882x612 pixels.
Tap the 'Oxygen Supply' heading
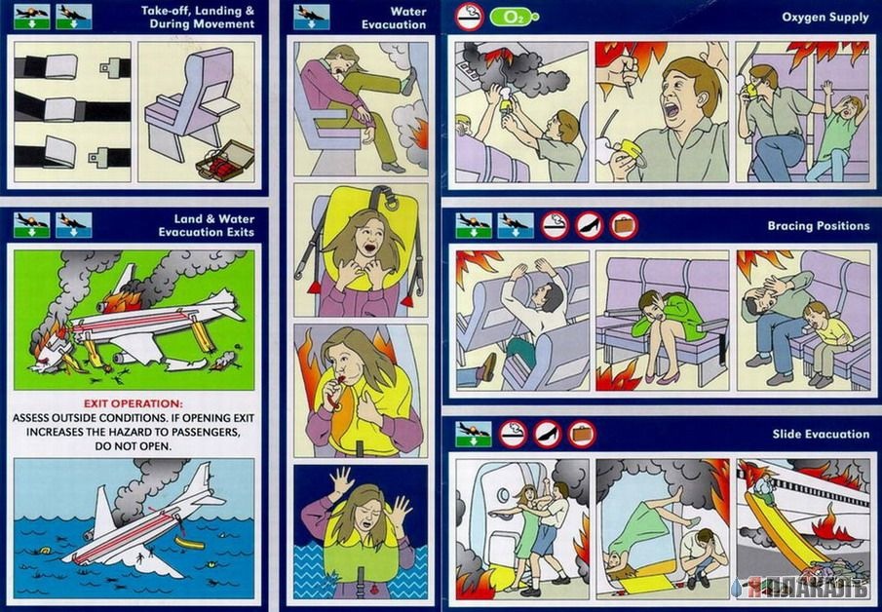(825, 17)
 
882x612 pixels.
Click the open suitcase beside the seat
(224, 162)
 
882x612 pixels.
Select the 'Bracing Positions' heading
(819, 226)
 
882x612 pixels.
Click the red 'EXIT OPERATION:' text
(134, 403)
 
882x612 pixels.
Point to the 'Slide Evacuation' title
(821, 434)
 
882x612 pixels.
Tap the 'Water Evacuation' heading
(394, 18)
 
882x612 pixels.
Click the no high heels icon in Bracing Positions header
(589, 225)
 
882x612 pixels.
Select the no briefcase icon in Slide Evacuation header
(582, 435)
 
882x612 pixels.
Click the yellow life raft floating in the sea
(190, 543)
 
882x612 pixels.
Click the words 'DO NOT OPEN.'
(134, 446)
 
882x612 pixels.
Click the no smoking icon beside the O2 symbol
(469, 17)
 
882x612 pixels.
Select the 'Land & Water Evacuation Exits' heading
(207, 225)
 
